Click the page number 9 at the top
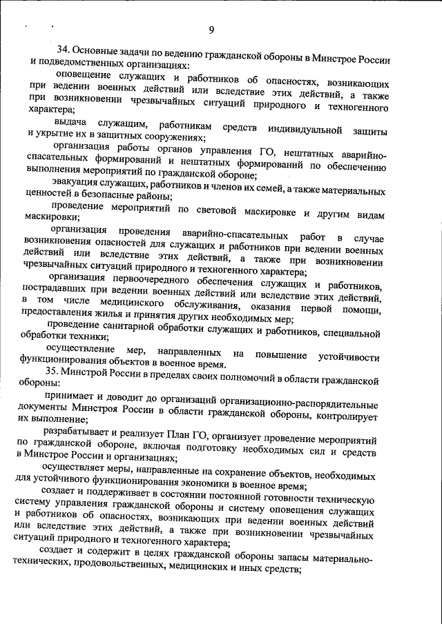[x=212, y=29]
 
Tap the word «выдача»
[x=72, y=123]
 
